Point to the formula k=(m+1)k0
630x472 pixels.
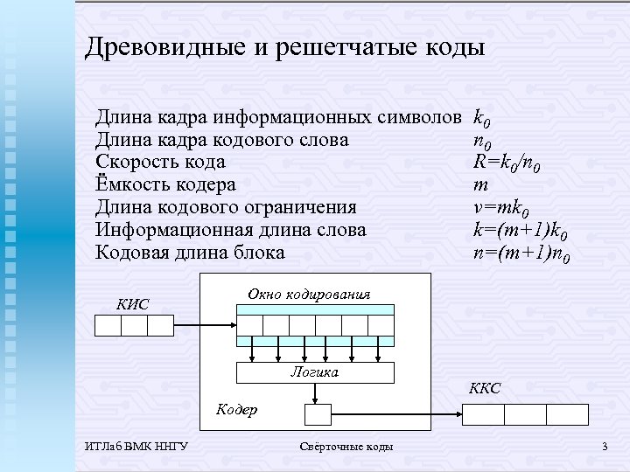(x=521, y=231)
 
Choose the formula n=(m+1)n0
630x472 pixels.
(x=521, y=253)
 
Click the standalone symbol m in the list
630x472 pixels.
(x=479, y=184)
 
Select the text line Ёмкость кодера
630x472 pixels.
(x=165, y=184)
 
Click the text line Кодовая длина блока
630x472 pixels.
(x=190, y=253)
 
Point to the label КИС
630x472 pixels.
(x=133, y=305)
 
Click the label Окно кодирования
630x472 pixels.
(x=309, y=295)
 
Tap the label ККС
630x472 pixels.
(x=484, y=389)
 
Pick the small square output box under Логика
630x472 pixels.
(x=317, y=413)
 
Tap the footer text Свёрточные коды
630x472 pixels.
(x=346, y=448)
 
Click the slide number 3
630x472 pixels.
(x=604, y=448)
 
